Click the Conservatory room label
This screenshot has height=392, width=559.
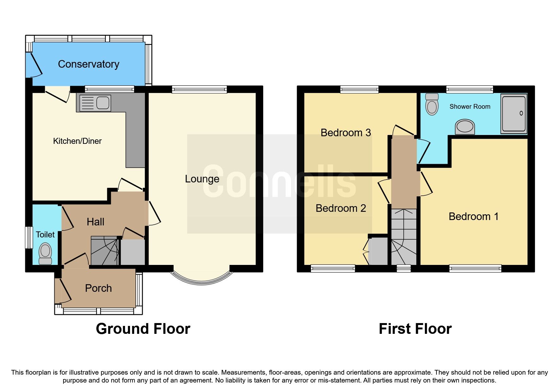click(x=89, y=64)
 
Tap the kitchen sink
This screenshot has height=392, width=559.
click(x=95, y=103)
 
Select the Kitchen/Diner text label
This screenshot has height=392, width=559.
click(x=77, y=141)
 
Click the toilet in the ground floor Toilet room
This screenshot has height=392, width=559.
click(x=45, y=253)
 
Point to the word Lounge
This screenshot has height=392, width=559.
click(x=202, y=179)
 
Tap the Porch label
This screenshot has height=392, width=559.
click(x=98, y=288)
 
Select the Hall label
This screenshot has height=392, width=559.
click(x=95, y=222)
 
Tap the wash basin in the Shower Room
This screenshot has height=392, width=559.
click(x=465, y=127)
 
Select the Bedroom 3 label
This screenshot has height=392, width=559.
click(x=346, y=133)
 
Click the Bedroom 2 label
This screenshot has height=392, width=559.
click(x=341, y=208)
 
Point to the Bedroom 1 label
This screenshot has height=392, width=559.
click(x=473, y=217)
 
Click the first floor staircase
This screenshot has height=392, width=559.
click(x=404, y=237)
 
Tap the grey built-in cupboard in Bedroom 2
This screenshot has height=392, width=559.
click(x=378, y=251)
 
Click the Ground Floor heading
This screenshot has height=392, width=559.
click(x=143, y=329)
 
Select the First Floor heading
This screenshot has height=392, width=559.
click(x=415, y=329)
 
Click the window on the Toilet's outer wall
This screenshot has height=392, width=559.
click(x=29, y=237)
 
